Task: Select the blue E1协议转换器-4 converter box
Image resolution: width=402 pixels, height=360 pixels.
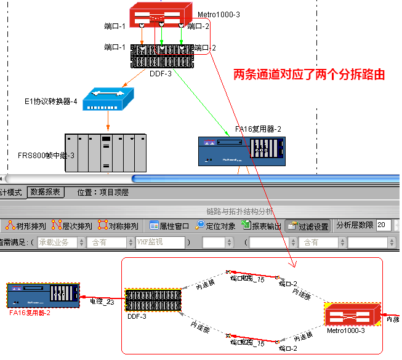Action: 109,98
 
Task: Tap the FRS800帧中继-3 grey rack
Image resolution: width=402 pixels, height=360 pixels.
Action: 105,151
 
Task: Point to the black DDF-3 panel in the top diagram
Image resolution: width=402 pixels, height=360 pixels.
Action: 162,57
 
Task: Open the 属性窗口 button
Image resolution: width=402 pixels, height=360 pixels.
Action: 170,226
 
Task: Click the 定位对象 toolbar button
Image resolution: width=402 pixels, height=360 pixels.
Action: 215,226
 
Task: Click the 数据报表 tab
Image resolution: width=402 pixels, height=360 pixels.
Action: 46,192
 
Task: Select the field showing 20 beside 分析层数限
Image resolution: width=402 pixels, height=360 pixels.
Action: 384,226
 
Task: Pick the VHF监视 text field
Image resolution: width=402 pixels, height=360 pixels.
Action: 160,242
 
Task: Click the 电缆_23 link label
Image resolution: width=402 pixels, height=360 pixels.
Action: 102,302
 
